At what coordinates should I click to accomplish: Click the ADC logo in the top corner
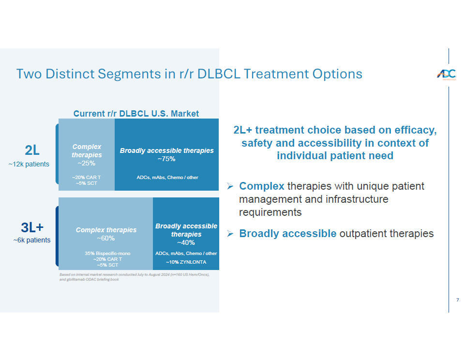tap(446, 75)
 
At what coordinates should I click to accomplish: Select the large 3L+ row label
tap(32, 227)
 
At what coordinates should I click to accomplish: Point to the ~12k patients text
tap(29, 164)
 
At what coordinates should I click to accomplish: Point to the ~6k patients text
tap(32, 240)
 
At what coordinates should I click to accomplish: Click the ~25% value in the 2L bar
tap(87, 163)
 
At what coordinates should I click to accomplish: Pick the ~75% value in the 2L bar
tap(166, 159)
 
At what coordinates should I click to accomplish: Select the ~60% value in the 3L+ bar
tap(106, 238)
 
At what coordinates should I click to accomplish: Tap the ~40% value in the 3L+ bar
tap(186, 242)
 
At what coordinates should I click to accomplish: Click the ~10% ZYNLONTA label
tap(186, 262)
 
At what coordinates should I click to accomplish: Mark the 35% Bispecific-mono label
tap(107, 253)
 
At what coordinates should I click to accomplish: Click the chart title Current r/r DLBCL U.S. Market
tap(136, 114)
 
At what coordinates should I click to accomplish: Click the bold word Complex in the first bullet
tap(262, 186)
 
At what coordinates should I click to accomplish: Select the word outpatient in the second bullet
tap(363, 234)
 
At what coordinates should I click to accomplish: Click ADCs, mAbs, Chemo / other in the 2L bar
tap(167, 178)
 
